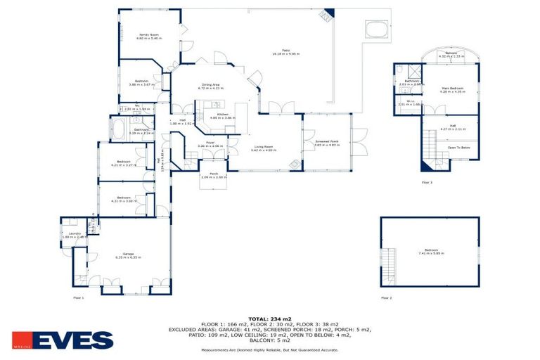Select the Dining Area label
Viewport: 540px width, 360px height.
coord(210,86)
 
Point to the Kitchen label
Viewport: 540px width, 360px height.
coord(222,115)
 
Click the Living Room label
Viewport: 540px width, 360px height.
coord(264,147)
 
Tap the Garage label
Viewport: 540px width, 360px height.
coord(128,255)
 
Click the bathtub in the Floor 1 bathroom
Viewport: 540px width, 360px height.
coord(117,129)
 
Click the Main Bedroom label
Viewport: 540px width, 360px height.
coord(452,89)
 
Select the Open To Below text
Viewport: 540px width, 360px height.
coord(458,148)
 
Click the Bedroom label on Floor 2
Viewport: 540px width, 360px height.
coord(430,252)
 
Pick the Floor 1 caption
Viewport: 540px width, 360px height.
coord(79,298)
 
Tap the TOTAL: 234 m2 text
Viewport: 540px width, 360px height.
coord(270,319)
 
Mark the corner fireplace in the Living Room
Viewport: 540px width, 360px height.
coord(296,165)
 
